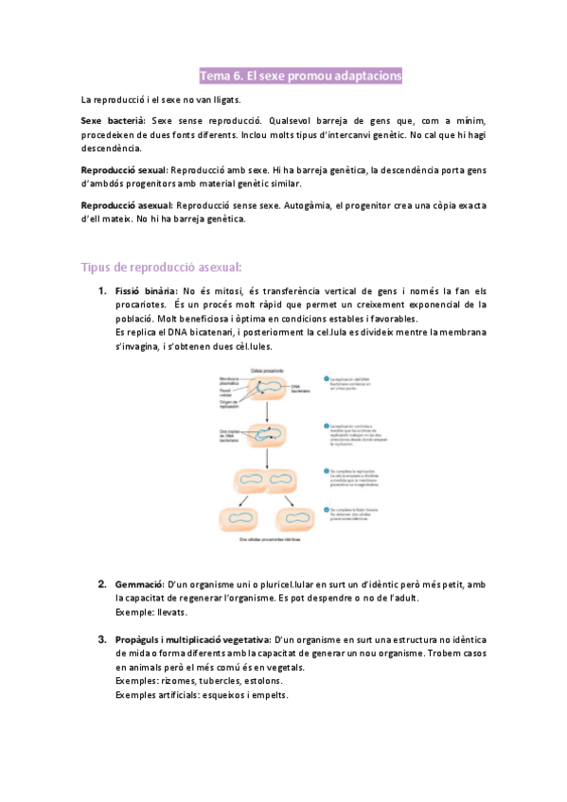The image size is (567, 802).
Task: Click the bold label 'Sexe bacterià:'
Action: click(114, 121)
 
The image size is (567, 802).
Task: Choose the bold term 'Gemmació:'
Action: click(139, 584)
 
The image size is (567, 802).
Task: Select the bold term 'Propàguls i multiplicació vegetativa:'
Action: click(192, 640)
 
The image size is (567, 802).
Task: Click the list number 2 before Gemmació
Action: click(102, 584)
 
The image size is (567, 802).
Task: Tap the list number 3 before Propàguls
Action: click(102, 640)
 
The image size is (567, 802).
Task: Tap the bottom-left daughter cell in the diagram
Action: click(241, 518)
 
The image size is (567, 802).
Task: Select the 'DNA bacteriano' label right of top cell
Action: click(301, 386)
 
